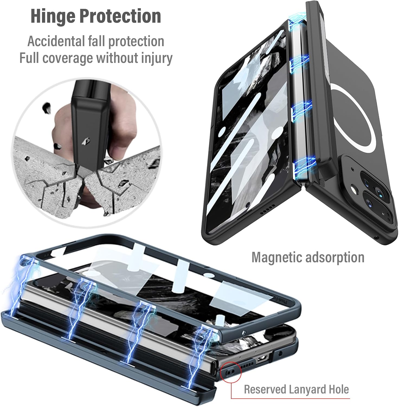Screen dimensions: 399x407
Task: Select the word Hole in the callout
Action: [x=339, y=389]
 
